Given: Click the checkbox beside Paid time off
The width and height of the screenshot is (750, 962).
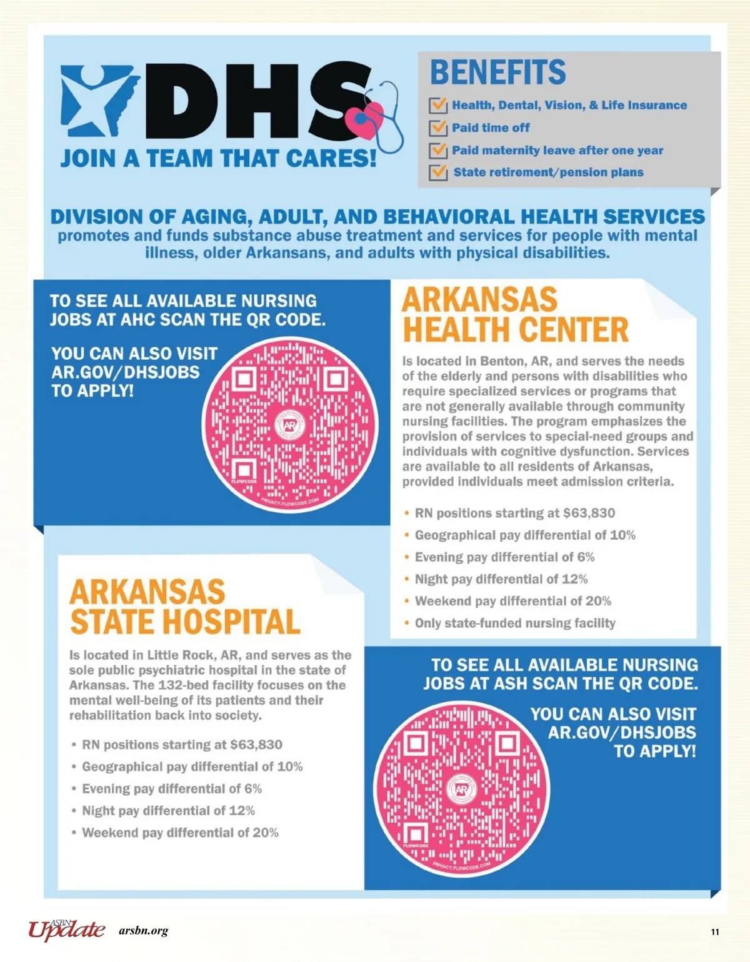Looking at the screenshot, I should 438,128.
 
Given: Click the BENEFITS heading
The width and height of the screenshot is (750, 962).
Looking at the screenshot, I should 498,72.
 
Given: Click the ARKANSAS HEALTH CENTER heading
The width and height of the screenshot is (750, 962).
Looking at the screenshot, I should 515,314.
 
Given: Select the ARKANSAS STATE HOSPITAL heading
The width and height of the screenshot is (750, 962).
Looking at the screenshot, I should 184,607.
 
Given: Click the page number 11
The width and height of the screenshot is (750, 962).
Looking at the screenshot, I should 715,932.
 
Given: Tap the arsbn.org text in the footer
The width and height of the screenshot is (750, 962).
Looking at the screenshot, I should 143,931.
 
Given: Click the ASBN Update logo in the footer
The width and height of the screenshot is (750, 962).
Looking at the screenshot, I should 66,930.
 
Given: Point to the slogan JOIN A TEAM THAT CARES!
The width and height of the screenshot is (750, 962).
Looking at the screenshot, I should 218,159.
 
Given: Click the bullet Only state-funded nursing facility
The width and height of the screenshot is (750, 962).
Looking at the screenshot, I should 515,623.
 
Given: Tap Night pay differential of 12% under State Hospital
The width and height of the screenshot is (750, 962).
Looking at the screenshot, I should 168,811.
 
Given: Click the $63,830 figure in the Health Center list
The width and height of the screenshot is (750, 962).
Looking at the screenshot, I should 589,513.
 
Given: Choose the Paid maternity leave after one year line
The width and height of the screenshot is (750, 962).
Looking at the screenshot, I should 557,151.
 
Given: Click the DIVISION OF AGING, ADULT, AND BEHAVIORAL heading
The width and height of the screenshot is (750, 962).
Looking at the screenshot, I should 377,217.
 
